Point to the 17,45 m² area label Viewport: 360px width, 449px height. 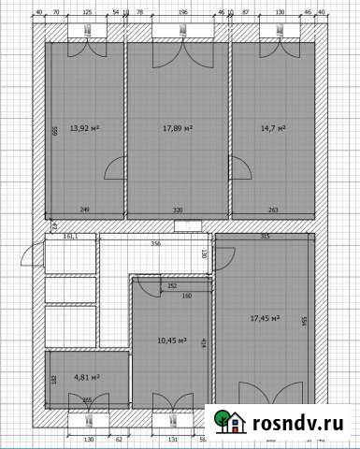pyautogui.click(x=266, y=318)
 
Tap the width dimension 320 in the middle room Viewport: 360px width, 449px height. pyautogui.click(x=178, y=210)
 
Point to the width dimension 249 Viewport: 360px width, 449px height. pyautogui.click(x=85, y=210)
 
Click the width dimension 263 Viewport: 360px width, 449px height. pyautogui.click(x=273, y=210)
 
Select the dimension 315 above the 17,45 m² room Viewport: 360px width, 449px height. pyautogui.click(x=265, y=237)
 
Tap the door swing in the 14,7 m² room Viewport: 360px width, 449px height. pyautogui.click(x=240, y=168)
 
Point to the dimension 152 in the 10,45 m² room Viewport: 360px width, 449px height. pyautogui.click(x=172, y=286)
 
